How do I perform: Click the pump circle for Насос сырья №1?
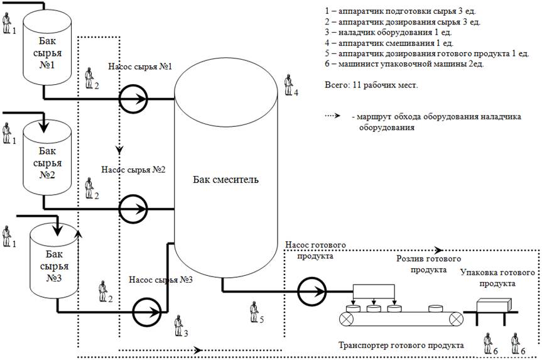133,99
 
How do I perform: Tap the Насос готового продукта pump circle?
312,292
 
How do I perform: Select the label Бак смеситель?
225,180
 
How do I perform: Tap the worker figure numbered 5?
254,310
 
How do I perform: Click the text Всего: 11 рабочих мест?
371,84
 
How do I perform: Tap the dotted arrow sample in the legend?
338,116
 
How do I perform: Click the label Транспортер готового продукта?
401,346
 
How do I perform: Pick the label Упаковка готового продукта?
497,278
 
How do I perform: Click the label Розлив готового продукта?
428,264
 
